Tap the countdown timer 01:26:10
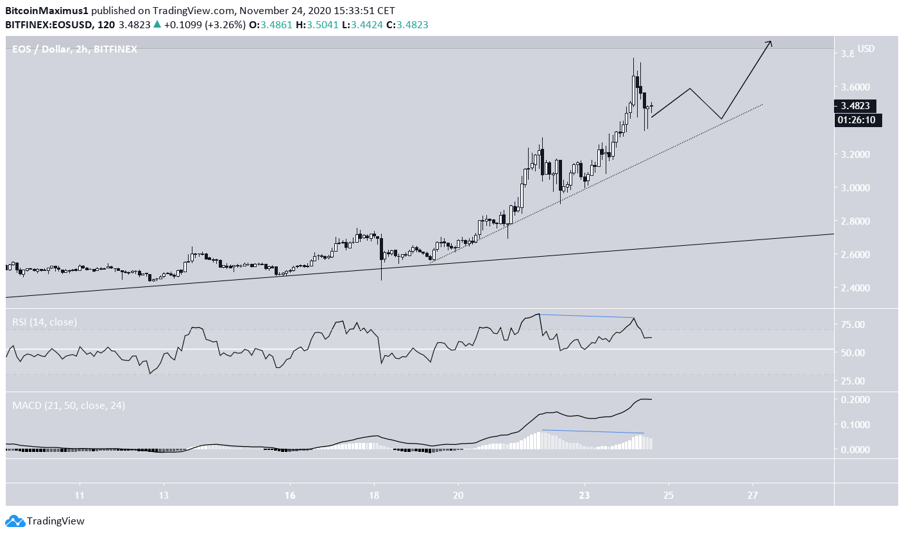pos(858,120)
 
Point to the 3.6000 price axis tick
pos(856,87)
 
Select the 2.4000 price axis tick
pos(856,288)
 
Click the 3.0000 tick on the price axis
pos(856,187)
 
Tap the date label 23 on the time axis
pos(584,496)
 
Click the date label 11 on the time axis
pos(80,496)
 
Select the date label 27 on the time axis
pos(753,496)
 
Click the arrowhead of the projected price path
pos(770,42)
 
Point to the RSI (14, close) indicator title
pos(45,322)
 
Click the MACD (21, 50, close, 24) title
pos(69,406)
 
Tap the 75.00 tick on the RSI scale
pos(855,325)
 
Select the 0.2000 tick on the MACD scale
pos(855,399)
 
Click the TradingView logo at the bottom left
pos(45,521)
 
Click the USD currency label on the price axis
pos(867,49)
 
